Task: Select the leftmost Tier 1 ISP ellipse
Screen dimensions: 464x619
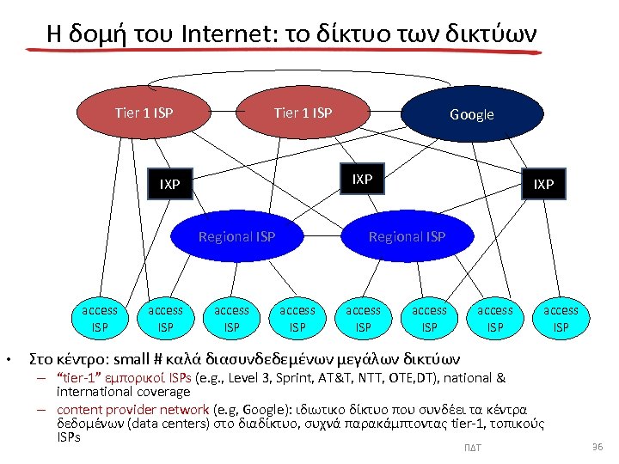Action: (x=144, y=113)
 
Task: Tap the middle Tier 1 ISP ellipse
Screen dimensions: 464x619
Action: (x=303, y=113)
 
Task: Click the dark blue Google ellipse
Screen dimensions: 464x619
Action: (x=472, y=114)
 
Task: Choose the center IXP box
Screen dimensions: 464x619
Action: (x=363, y=179)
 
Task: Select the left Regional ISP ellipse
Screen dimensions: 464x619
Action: (x=236, y=236)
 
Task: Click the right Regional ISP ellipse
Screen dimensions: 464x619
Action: (x=407, y=236)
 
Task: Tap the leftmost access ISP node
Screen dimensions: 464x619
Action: (x=100, y=318)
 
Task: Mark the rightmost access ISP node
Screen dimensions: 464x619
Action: (x=561, y=318)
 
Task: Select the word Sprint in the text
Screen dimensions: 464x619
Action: (x=278, y=378)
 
